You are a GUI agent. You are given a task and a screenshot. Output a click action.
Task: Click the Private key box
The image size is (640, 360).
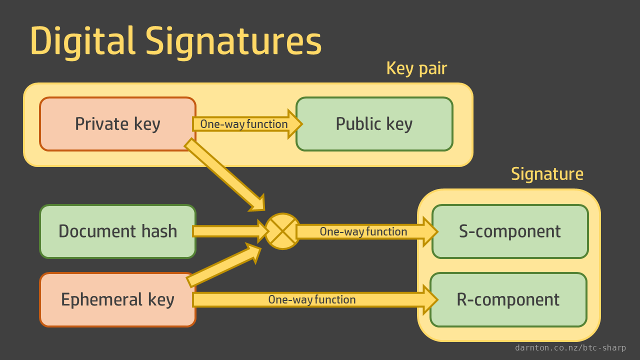point(117,124)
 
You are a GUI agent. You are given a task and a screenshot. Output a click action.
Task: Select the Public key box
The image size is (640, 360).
point(374,124)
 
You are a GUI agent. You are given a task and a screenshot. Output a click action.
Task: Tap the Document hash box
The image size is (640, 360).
point(117,231)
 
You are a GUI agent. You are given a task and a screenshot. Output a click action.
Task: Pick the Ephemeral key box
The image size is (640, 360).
point(117,299)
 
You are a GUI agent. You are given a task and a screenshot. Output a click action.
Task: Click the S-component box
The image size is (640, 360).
point(510,231)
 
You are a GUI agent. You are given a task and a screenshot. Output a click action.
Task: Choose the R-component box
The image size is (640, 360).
point(508,299)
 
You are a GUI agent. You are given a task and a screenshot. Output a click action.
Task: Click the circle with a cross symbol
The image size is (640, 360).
point(282,231)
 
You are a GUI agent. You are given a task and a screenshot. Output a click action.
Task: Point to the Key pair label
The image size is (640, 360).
point(416,68)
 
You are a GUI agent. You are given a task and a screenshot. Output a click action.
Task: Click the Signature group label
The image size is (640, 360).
point(547,174)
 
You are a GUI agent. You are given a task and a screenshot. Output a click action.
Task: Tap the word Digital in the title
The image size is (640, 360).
point(82,41)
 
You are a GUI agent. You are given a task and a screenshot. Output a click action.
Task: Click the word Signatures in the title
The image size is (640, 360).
point(234,41)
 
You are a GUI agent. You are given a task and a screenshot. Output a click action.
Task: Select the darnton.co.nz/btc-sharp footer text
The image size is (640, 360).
point(570,348)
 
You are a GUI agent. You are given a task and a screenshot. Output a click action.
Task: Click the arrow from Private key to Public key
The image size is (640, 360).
point(245,124)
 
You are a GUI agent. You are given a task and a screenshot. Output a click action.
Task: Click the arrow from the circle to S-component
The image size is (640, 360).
point(365,231)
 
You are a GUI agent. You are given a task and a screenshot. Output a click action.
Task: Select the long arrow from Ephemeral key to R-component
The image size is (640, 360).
point(312,299)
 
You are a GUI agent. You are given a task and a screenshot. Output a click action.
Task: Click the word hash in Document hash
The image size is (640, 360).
point(159,231)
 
